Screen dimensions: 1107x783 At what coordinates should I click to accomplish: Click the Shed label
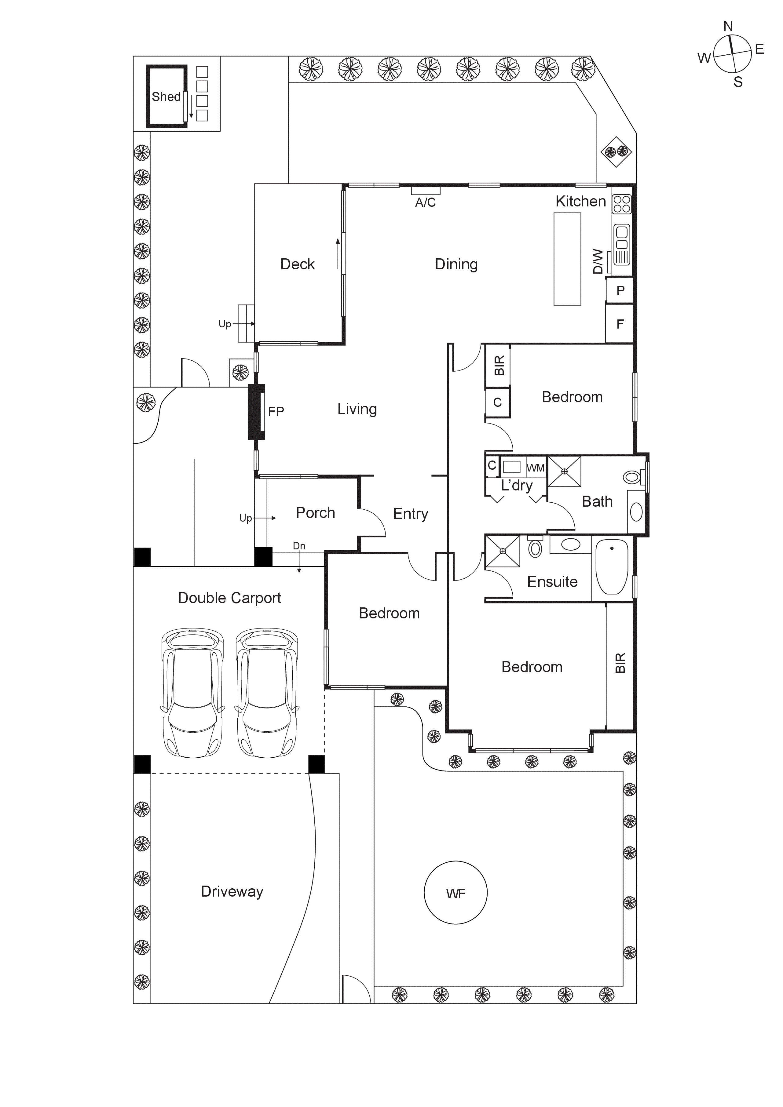(x=166, y=97)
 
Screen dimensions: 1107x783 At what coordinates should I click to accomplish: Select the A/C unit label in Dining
(x=425, y=202)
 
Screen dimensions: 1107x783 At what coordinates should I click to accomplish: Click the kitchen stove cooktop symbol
(x=621, y=204)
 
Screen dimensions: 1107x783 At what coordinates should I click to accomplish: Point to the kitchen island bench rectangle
(x=567, y=259)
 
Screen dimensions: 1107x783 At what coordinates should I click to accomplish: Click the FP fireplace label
(x=276, y=411)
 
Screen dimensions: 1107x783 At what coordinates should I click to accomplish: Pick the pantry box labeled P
(x=620, y=290)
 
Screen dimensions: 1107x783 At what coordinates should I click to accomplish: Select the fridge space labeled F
(x=620, y=324)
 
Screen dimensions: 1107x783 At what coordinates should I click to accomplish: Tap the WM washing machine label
(x=536, y=468)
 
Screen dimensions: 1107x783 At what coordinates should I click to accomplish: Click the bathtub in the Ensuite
(x=612, y=566)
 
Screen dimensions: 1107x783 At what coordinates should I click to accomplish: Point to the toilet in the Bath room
(x=632, y=477)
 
